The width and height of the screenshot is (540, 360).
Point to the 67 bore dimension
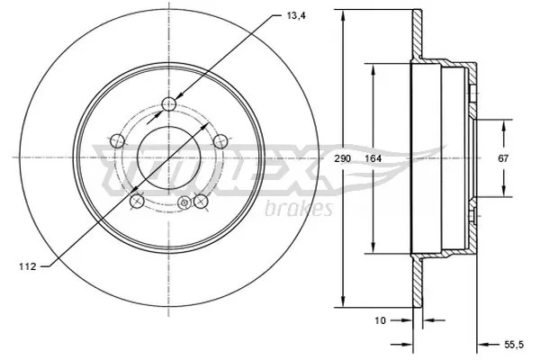pyautogui.click(x=504, y=159)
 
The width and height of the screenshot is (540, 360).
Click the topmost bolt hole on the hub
pyautogui.click(x=167, y=104)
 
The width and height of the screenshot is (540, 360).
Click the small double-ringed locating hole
pyautogui.click(x=184, y=203)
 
